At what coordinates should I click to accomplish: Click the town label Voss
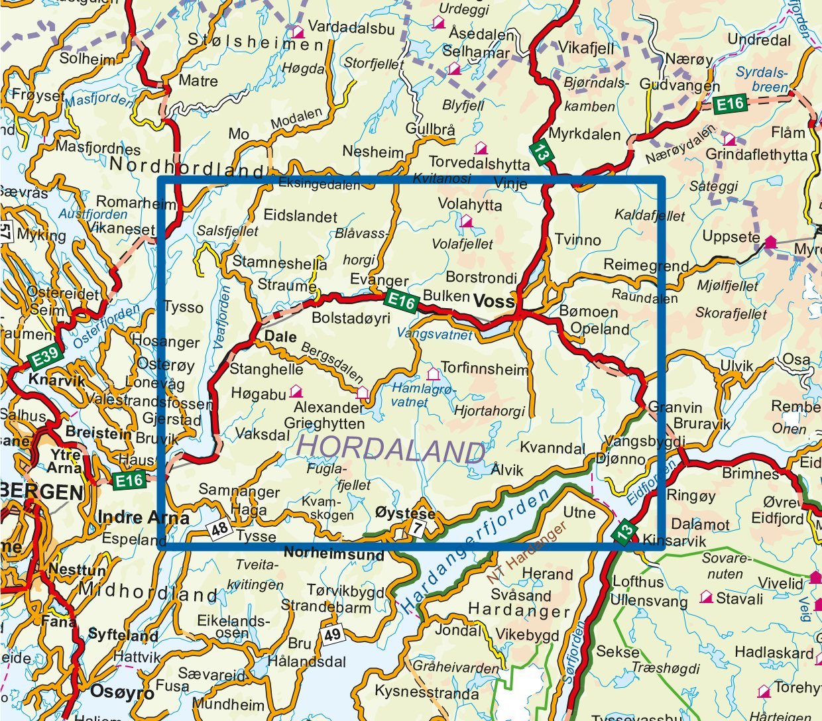(493, 302)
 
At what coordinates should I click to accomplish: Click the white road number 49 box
(332, 635)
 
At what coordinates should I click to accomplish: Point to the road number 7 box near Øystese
(416, 528)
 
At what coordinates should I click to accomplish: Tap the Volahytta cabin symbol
(467, 221)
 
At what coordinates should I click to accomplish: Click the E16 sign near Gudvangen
(730, 103)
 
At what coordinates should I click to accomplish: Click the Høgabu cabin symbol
(296, 392)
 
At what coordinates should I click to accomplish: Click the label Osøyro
(122, 693)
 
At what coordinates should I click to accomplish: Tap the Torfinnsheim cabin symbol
(433, 374)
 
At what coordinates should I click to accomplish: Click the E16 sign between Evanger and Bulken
(402, 302)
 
